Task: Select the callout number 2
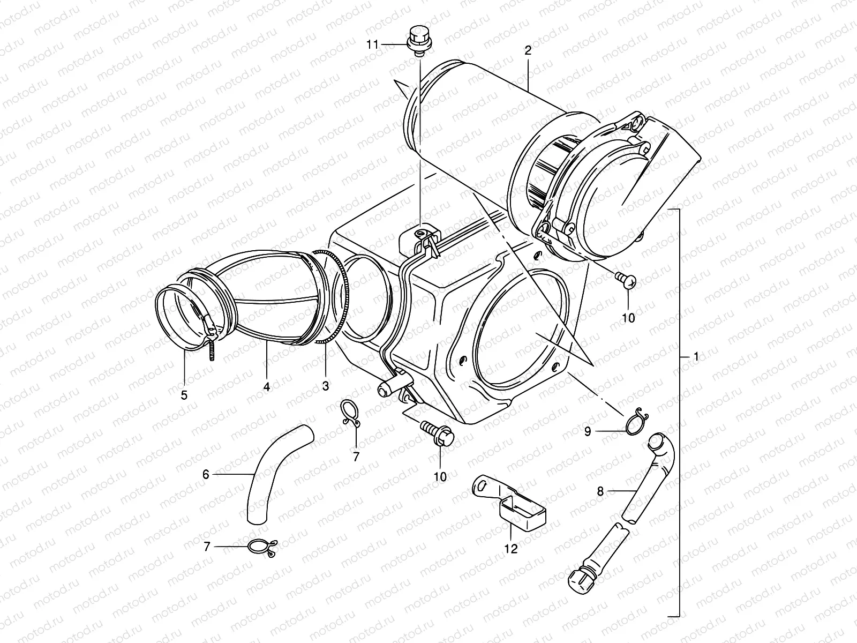tap(528, 51)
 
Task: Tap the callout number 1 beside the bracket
tap(696, 357)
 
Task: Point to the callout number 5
tap(184, 395)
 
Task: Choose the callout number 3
tap(326, 385)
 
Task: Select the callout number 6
tap(205, 475)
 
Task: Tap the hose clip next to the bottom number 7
tap(262, 547)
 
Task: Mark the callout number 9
tap(588, 431)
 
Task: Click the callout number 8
tap(600, 490)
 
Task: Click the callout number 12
tap(511, 549)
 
